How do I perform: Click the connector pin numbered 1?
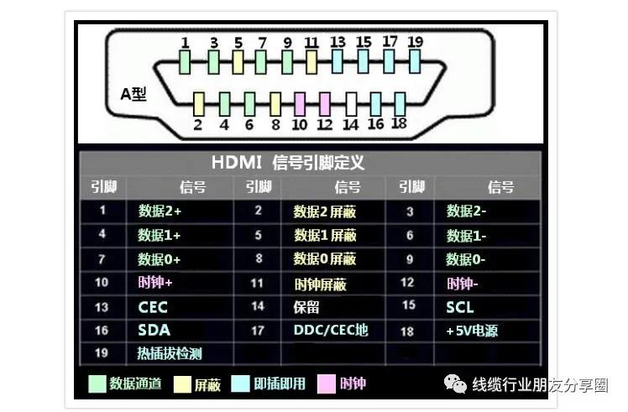click(x=185, y=62)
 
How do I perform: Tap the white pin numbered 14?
click(x=351, y=105)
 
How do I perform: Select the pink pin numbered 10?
click(x=300, y=105)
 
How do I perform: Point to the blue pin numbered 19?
click(x=415, y=62)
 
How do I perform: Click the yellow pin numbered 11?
click(x=311, y=62)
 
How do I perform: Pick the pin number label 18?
click(x=399, y=123)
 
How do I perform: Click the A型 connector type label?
click(x=133, y=94)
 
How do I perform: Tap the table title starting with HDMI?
click(x=288, y=163)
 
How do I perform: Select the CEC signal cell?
click(x=153, y=307)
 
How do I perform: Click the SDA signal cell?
click(x=154, y=331)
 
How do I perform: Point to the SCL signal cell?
click(x=460, y=307)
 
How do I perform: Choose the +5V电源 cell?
click(x=472, y=331)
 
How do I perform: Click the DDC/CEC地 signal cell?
click(x=331, y=330)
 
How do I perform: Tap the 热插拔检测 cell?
click(x=170, y=353)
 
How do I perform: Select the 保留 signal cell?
click(x=306, y=307)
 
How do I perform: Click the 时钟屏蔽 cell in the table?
click(x=321, y=284)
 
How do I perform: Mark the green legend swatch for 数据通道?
click(x=97, y=384)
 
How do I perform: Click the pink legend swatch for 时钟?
click(x=326, y=384)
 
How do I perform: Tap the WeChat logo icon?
click(x=455, y=383)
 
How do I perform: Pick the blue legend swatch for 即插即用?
click(x=240, y=384)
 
